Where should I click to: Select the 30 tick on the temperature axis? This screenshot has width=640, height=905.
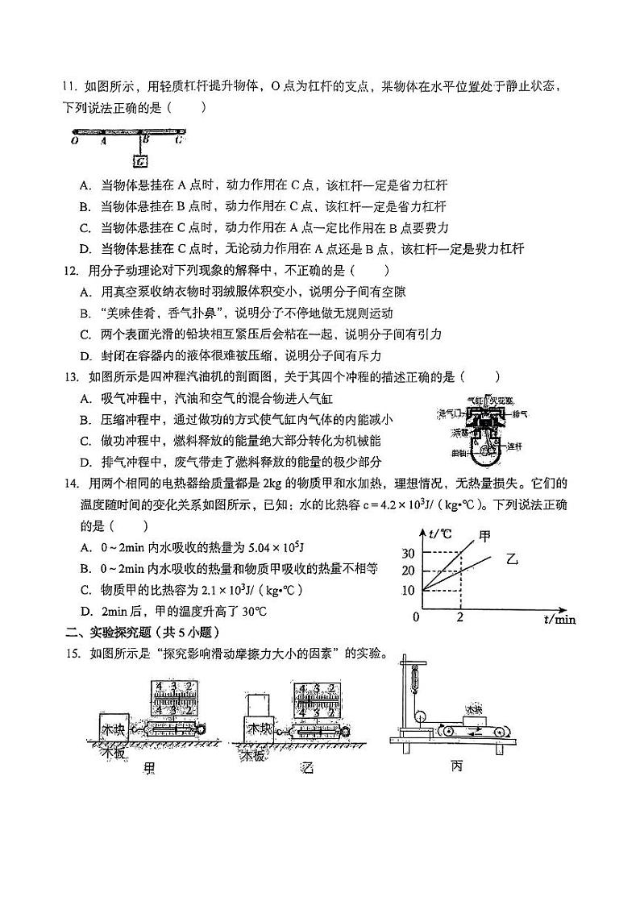[x=407, y=553]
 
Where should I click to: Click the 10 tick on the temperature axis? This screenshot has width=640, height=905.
[x=407, y=591]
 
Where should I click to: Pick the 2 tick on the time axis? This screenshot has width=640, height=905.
[x=459, y=617]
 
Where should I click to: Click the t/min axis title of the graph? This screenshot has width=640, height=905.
[x=559, y=619]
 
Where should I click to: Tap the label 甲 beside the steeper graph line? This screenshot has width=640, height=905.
[x=484, y=535]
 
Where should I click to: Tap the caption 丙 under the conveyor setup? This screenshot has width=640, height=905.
[x=457, y=766]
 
